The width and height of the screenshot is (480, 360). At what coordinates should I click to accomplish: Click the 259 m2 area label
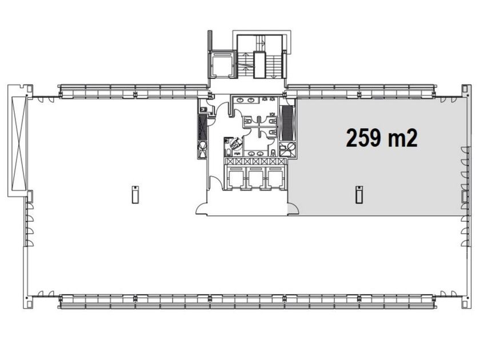point(382,138)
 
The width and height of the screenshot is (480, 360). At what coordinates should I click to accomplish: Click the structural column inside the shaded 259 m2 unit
point(359,194)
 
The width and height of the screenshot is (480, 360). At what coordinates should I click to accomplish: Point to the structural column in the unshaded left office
point(135,194)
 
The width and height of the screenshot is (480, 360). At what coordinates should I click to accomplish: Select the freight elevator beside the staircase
point(222,64)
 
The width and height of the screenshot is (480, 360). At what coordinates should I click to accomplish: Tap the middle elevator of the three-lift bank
point(256,178)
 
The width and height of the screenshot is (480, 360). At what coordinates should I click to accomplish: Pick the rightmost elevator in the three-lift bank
point(275,178)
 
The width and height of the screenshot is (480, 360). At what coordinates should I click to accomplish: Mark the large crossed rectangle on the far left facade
point(19,143)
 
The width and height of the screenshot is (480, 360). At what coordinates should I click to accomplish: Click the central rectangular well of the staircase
point(259,65)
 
